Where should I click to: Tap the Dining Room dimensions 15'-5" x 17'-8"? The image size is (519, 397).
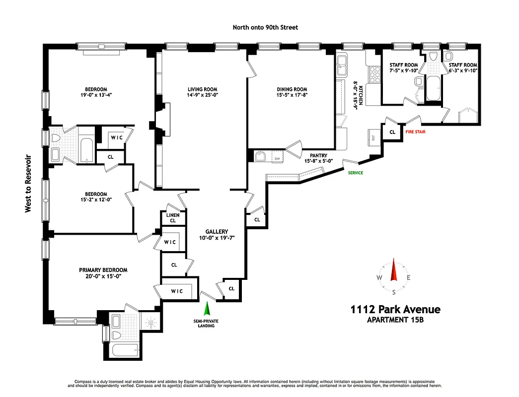point(292,96)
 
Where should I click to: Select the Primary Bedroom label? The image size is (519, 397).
point(103,270)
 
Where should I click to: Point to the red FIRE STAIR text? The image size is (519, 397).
point(415,132)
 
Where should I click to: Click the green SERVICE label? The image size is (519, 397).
point(355,173)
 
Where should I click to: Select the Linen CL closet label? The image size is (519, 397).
point(173,217)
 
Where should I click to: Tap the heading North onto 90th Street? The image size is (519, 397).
point(265,27)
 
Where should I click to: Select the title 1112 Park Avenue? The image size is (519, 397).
point(395,310)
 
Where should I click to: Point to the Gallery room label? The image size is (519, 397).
point(217,231)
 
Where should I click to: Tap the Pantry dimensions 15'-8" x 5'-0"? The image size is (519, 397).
point(318,161)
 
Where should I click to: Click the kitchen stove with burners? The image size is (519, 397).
point(372,75)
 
